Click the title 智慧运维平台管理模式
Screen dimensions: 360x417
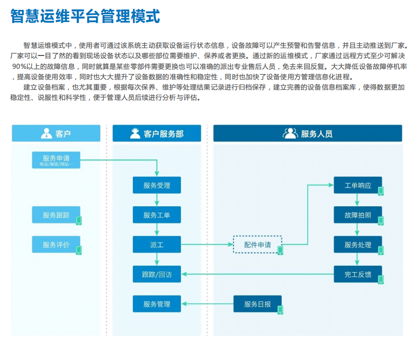[85, 16]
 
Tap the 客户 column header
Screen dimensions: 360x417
[56, 133]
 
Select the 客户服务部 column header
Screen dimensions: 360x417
[156, 133]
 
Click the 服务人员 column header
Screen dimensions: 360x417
[308, 133]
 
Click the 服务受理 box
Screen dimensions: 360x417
[156, 185]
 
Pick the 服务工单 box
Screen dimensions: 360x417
[156, 215]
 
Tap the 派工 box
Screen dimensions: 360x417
[156, 245]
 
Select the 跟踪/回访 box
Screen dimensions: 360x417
[156, 274]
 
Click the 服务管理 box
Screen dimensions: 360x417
[156, 304]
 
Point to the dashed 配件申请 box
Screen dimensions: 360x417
[258, 245]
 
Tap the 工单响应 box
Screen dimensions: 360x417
[358, 186]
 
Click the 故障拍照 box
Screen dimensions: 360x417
[358, 215]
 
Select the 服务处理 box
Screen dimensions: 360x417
[358, 245]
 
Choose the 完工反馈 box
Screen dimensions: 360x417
[358, 274]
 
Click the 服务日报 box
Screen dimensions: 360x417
[258, 304]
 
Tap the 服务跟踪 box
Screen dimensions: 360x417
[56, 215]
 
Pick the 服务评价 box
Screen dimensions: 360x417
[56, 245]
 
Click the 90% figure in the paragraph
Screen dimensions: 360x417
[21, 66]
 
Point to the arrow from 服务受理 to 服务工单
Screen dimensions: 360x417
[156, 200]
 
